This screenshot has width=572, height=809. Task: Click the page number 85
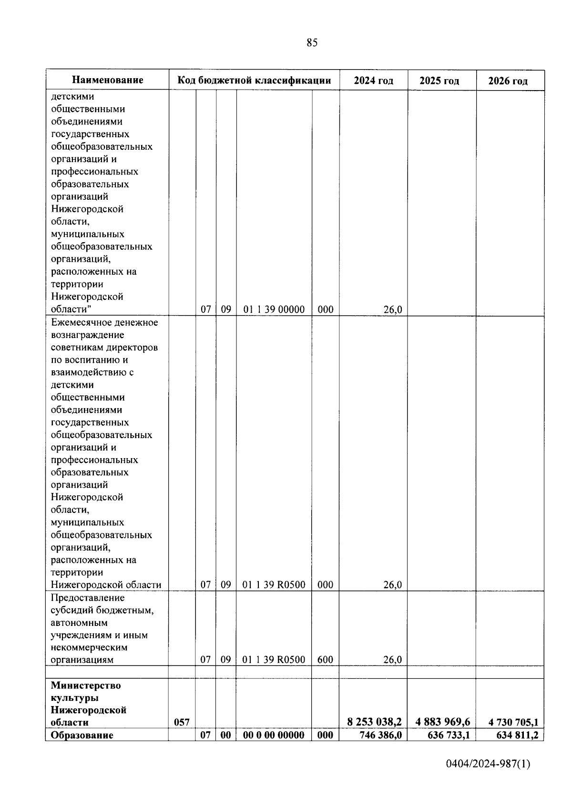[x=312, y=43]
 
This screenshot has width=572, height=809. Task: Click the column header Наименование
[x=108, y=80]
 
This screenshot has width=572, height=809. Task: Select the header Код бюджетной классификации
[x=254, y=80]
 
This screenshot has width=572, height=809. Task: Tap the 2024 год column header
[x=374, y=81]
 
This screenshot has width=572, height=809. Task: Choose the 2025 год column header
[x=439, y=81]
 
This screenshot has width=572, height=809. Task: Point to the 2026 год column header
[x=508, y=81]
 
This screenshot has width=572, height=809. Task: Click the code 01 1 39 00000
[x=274, y=309]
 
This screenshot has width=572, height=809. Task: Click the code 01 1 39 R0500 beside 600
[x=274, y=660]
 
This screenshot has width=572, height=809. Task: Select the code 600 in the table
[x=325, y=660]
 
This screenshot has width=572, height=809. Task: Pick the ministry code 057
[x=182, y=722]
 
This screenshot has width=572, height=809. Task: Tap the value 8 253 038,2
[x=375, y=722]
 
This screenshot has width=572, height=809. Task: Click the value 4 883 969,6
[x=443, y=722]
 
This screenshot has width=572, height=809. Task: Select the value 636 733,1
[x=449, y=735]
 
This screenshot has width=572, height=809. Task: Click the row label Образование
[x=82, y=735]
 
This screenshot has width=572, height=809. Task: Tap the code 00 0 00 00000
[x=274, y=735]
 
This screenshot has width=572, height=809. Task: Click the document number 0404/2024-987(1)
[x=488, y=764]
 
